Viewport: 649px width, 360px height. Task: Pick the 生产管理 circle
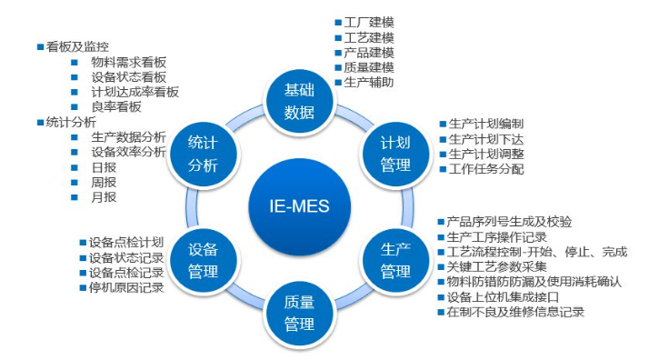click(x=395, y=260)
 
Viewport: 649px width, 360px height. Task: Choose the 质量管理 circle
click(x=299, y=312)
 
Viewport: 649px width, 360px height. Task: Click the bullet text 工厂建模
click(x=369, y=22)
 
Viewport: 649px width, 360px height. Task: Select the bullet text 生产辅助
click(x=369, y=82)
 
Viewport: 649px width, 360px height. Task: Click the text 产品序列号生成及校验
click(x=509, y=222)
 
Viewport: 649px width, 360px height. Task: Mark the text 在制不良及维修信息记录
click(x=514, y=312)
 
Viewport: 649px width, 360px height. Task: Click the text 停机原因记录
click(x=126, y=288)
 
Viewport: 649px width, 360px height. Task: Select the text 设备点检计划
click(x=126, y=243)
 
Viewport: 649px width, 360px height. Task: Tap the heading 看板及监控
click(x=78, y=47)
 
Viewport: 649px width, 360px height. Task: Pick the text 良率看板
click(x=116, y=107)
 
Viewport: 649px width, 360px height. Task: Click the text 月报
click(x=104, y=196)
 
